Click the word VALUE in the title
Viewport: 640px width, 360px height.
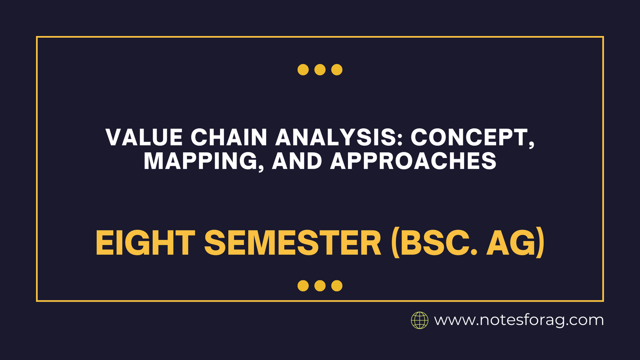[x=144, y=138]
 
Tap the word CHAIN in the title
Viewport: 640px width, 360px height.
[x=229, y=138]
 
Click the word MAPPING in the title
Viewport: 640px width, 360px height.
[x=200, y=161]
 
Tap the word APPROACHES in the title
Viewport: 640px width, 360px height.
[x=413, y=161]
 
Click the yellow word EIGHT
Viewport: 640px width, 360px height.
[x=145, y=243]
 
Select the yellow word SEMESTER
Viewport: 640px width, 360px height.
[x=293, y=243]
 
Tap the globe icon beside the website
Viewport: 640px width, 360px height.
[x=420, y=320]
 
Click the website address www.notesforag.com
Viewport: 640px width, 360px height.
[x=519, y=320]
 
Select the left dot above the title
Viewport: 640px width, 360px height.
[x=303, y=70]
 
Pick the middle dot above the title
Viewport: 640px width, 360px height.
[x=320, y=70]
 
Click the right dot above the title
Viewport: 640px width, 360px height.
[x=337, y=70]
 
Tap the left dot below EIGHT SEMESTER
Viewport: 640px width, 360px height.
[x=303, y=286]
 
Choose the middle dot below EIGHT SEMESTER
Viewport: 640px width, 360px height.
[x=320, y=286]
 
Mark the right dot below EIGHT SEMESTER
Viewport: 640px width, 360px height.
[x=337, y=286]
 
